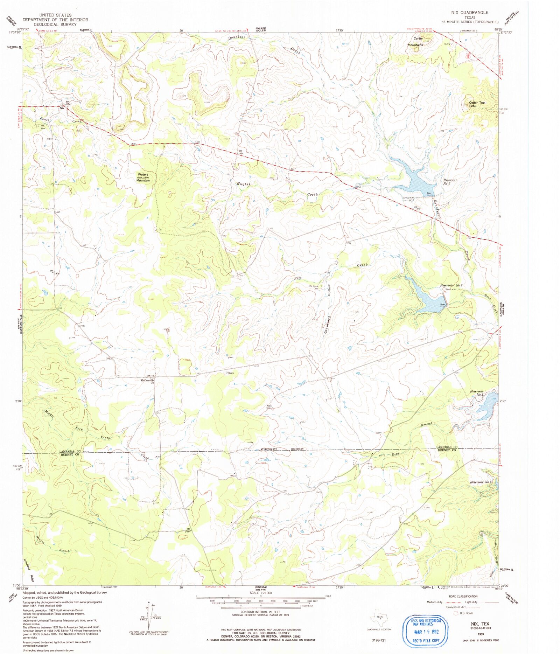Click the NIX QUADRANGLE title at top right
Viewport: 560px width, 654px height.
(469, 12)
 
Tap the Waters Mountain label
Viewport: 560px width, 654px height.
(143, 177)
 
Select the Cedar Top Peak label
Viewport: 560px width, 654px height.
(477, 104)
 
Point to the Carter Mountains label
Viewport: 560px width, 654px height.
(415, 42)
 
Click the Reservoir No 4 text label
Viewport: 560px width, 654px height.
(481, 482)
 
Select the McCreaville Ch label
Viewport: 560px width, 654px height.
(147, 381)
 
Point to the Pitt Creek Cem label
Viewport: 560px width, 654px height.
(313, 287)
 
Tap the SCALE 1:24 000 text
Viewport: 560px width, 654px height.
(261, 593)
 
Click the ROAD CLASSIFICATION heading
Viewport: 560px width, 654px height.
(463, 596)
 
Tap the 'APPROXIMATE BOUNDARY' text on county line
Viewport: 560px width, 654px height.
(282, 449)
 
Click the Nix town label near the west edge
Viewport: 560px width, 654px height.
(62, 108)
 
